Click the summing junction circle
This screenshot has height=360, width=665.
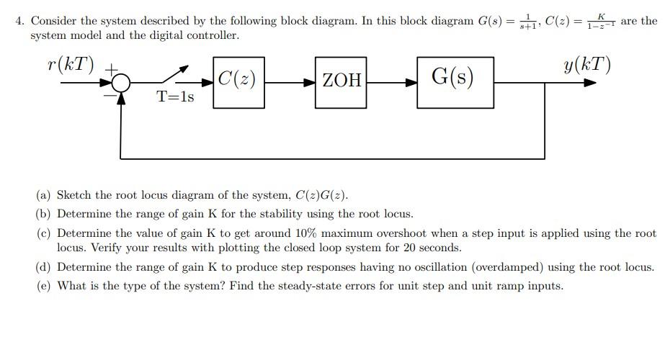pyautogui.click(x=122, y=83)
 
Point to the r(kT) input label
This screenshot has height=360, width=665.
pyautogui.click(x=69, y=64)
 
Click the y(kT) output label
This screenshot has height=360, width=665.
pyautogui.click(x=587, y=65)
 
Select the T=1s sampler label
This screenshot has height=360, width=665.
pyautogui.click(x=176, y=97)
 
